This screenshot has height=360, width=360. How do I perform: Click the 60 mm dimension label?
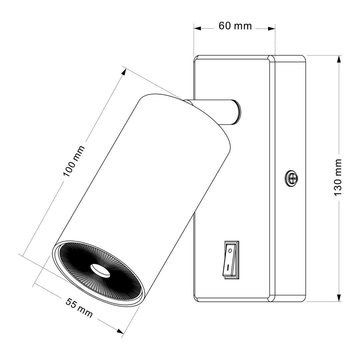[235, 26]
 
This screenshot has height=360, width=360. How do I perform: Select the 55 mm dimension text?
[79, 308]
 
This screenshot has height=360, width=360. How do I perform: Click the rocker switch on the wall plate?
[231, 260]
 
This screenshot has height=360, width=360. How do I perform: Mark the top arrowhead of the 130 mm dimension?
[339, 59]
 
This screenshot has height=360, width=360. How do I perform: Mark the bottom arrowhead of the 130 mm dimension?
[339, 297]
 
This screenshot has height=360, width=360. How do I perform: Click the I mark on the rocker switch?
[228, 267]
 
